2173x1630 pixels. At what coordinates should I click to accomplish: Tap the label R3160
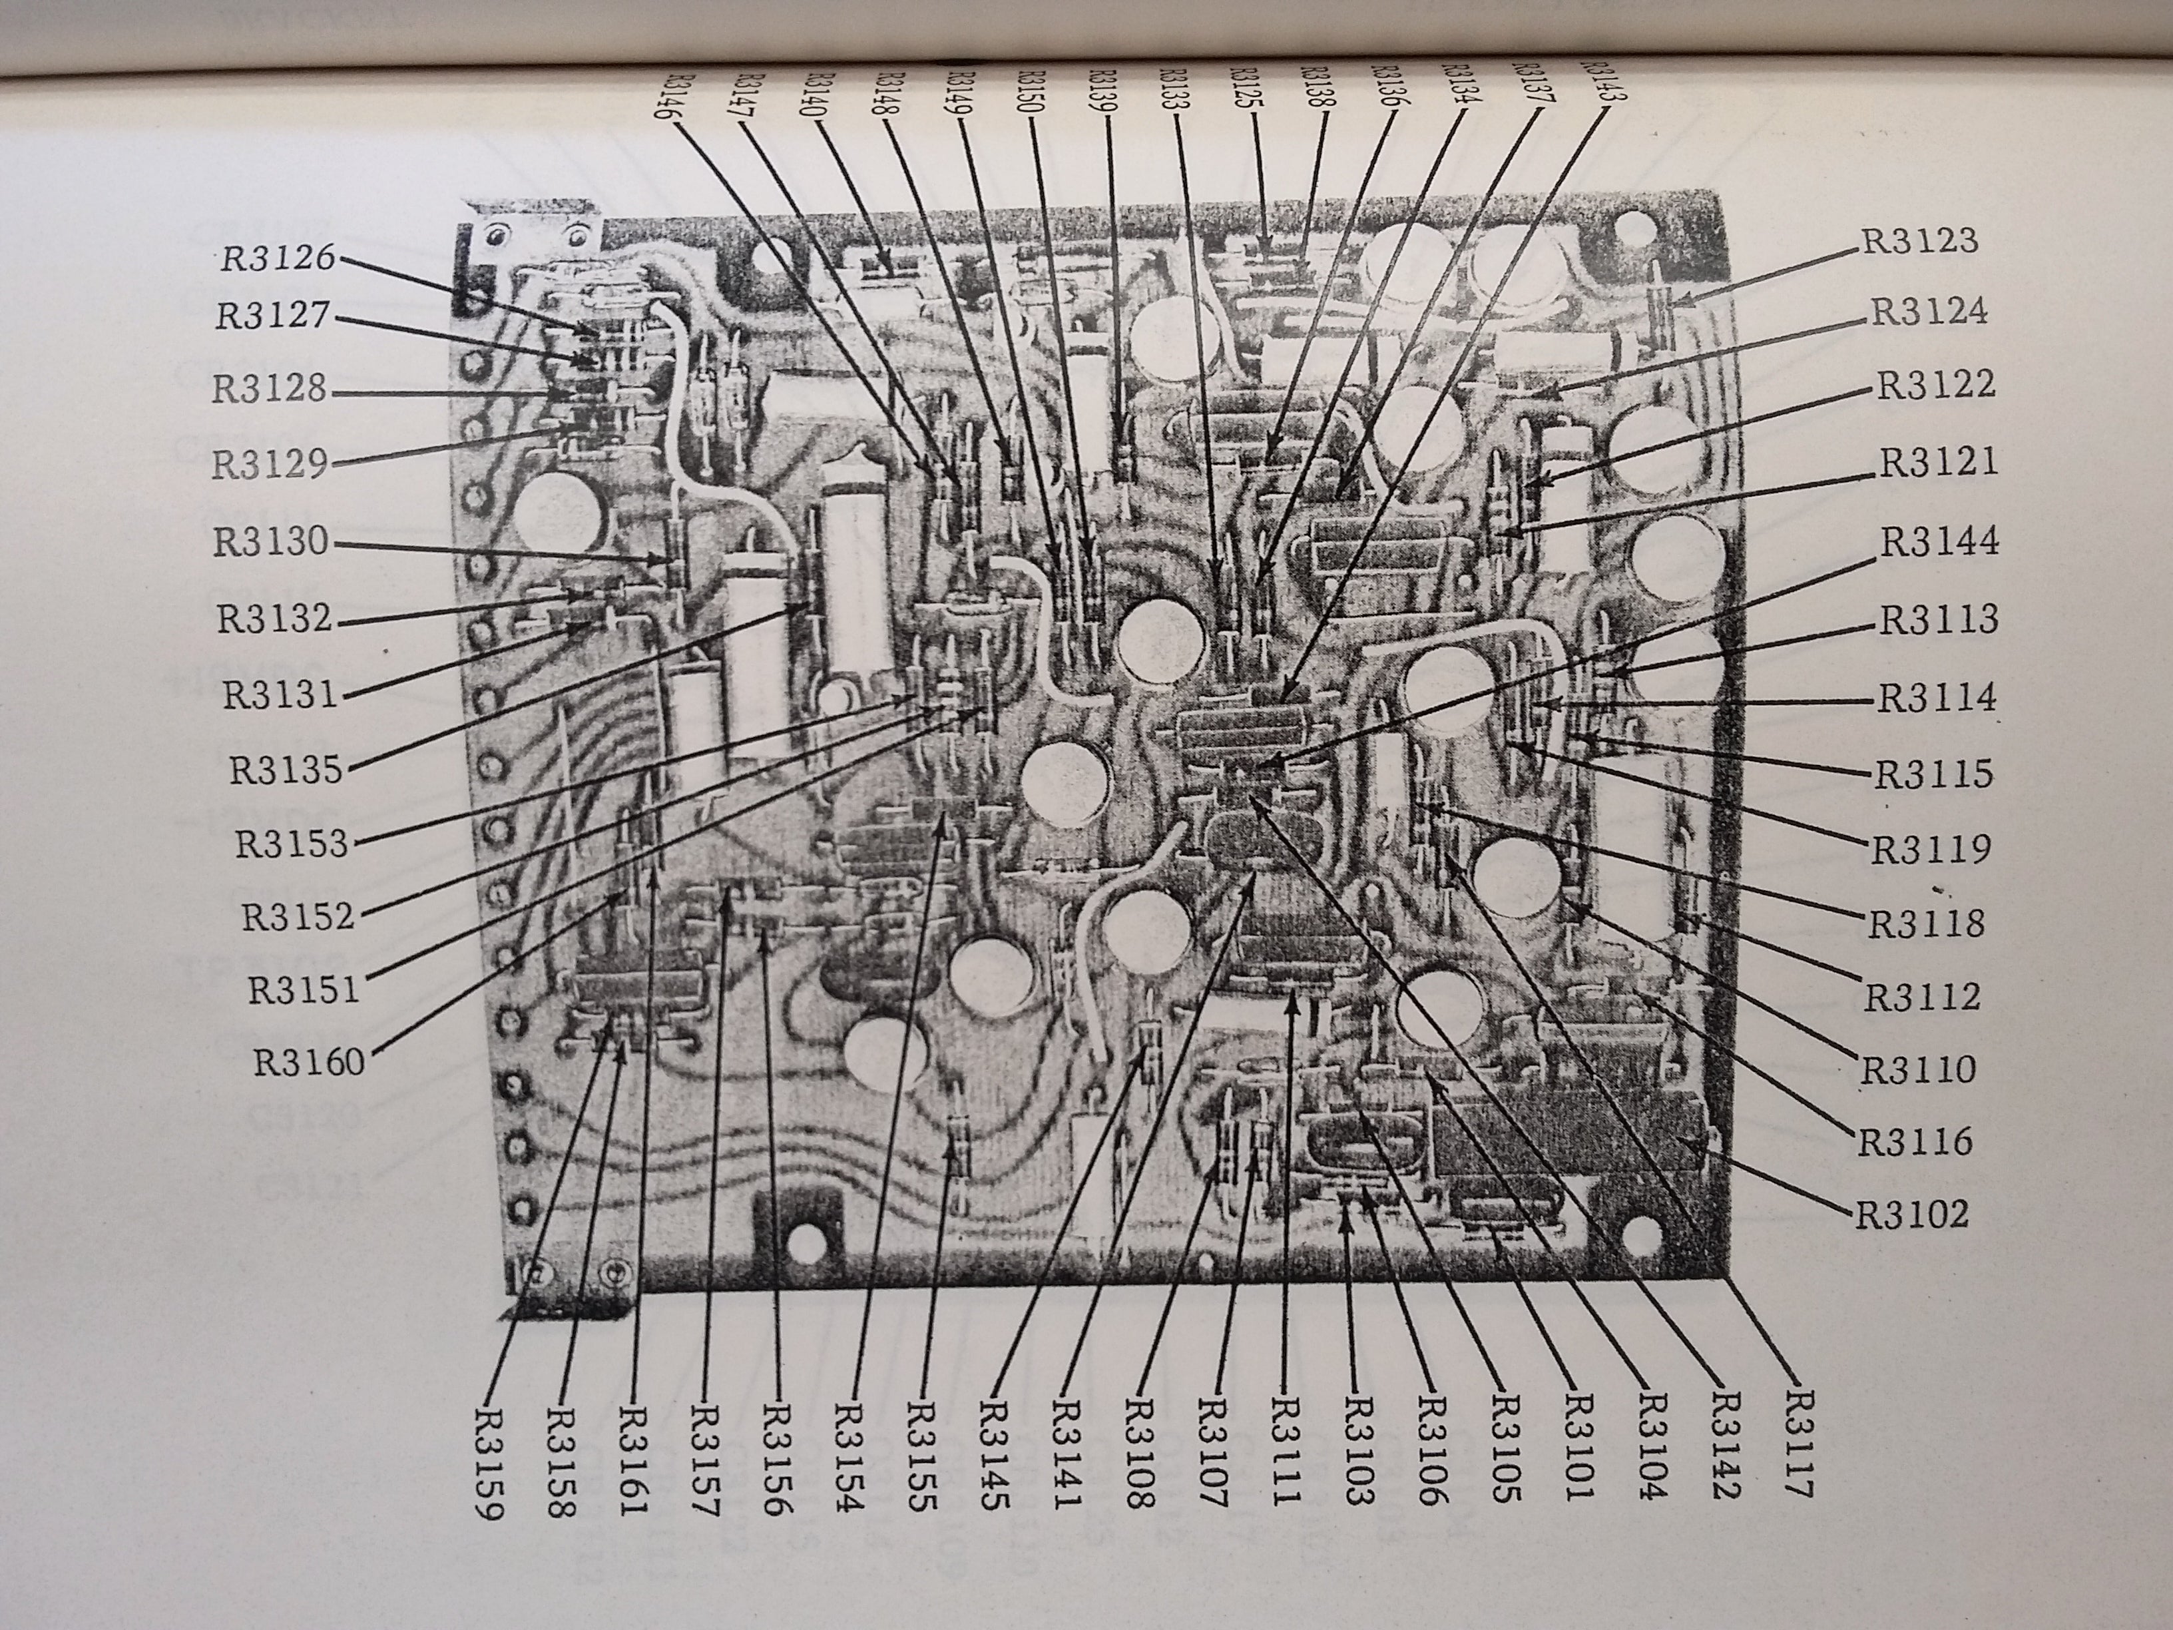coord(308,1062)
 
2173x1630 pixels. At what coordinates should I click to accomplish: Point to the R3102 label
coord(1911,1215)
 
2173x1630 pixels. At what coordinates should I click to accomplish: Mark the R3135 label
coord(286,769)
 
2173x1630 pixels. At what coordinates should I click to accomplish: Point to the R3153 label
coord(291,843)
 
